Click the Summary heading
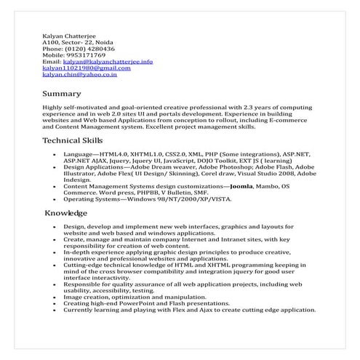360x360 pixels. pyautogui.click(x=62, y=94)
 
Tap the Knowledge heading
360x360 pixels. pyautogui.click(x=66, y=213)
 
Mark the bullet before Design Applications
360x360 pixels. pyautogui.click(x=55, y=167)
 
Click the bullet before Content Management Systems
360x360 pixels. pyautogui.click(x=55, y=186)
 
